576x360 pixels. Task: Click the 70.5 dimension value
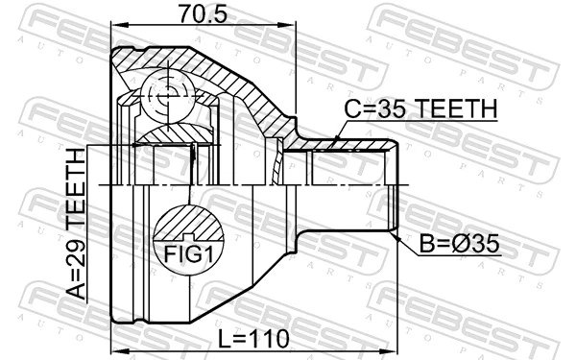(203, 13)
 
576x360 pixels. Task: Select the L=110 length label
(253, 339)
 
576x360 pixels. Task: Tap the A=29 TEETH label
(76, 224)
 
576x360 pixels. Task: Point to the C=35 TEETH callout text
(421, 108)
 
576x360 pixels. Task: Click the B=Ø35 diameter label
(460, 244)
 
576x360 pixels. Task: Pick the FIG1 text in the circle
(188, 253)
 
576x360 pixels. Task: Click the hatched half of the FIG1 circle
(188, 223)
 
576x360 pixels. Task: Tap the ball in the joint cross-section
(168, 95)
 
